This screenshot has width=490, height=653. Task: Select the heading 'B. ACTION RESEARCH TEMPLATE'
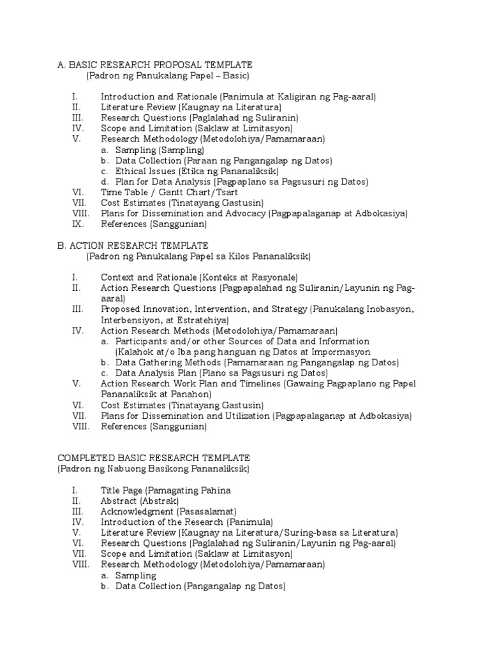(133, 245)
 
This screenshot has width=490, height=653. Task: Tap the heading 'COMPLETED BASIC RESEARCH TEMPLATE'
(154, 458)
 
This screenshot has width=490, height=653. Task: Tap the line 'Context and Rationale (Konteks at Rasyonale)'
(199, 277)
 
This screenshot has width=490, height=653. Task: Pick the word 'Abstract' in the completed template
(119, 501)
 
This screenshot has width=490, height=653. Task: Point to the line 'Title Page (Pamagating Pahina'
(165, 490)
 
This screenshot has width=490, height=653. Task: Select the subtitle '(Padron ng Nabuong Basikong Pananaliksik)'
(153, 469)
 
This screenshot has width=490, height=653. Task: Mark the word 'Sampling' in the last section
(136, 575)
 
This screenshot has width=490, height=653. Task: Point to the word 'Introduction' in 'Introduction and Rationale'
(128, 96)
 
